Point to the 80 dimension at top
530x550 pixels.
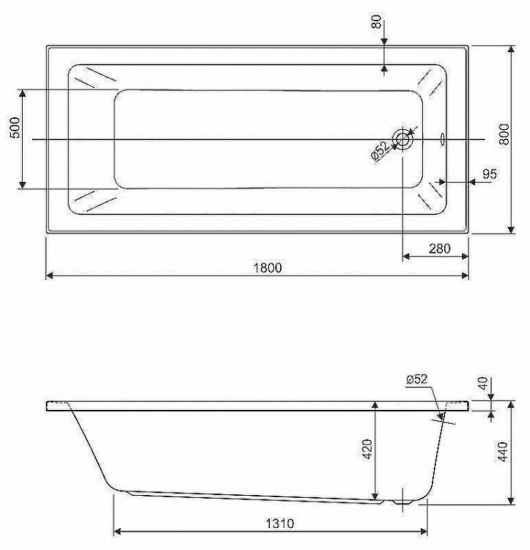pos(377,23)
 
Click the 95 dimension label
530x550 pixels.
pos(490,174)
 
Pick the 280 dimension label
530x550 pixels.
pos(438,249)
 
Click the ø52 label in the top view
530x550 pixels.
pos(379,150)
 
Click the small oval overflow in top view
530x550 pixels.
pos(442,138)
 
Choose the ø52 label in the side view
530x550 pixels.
pos(416,378)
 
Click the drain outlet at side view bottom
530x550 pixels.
pos(402,502)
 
